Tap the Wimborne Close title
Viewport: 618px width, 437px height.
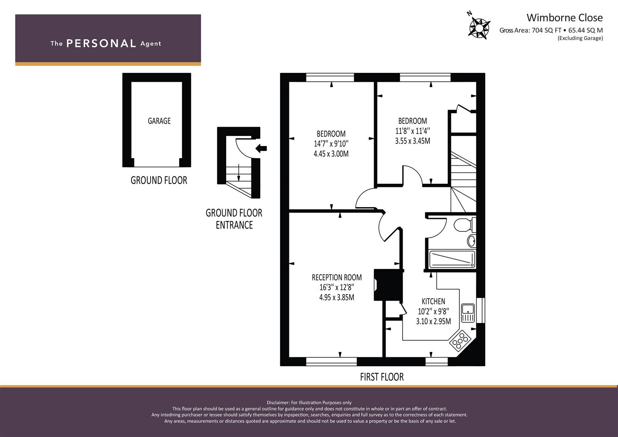pos(565,18)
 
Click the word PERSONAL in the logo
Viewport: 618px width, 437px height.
pos(101,43)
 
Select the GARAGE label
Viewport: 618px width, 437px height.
pos(159,121)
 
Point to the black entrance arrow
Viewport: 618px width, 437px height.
pos(261,148)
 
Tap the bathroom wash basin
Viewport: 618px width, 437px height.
pos(471,241)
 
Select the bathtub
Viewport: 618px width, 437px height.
pos(452,259)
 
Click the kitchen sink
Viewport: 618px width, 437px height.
pos(468,313)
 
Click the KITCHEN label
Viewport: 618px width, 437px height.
pos(433,301)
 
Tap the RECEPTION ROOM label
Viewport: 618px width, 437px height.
pos(337,277)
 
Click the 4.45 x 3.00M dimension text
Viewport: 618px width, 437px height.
pos(331,154)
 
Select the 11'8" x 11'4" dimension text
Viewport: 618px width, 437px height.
pos(412,131)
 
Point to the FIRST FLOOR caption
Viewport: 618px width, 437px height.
pos(382,377)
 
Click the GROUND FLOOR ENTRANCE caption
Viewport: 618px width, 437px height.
pos(234,219)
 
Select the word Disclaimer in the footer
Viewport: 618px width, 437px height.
pos(278,403)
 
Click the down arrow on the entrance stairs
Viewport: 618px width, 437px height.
pos(239,172)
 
